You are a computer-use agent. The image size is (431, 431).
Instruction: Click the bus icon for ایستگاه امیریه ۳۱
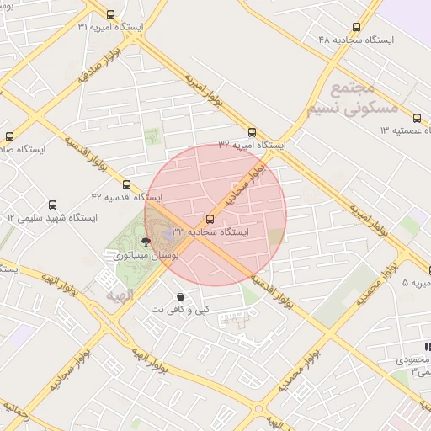pyautogui.click(x=111, y=14)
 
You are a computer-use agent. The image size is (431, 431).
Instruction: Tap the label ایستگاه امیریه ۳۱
pyautogui.click(x=110, y=27)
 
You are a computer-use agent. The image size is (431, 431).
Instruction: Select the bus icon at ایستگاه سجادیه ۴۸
pyautogui.click(x=356, y=27)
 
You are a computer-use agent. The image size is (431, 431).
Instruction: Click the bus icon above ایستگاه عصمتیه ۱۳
pyautogui.click(x=418, y=118)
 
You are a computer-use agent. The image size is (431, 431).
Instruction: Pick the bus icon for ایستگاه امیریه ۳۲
pyautogui.click(x=252, y=132)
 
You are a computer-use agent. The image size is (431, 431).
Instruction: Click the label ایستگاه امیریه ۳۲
pyautogui.click(x=251, y=145)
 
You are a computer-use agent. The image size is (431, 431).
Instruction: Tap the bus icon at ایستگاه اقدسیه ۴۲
pyautogui.click(x=126, y=184)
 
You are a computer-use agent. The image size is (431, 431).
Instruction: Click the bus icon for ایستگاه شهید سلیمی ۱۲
pyautogui.click(x=52, y=205)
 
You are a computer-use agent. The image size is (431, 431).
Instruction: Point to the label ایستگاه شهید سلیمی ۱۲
pyautogui.click(x=52, y=217)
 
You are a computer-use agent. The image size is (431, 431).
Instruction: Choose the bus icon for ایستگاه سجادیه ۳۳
pyautogui.click(x=210, y=219)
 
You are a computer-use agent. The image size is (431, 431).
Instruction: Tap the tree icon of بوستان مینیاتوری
pyautogui.click(x=146, y=242)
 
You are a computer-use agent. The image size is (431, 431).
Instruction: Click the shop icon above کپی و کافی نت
pyautogui.click(x=181, y=296)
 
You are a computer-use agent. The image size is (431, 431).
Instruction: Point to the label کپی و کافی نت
pyautogui.click(x=181, y=309)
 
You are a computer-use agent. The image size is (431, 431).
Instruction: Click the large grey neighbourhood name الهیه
pyautogui.click(x=121, y=296)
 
